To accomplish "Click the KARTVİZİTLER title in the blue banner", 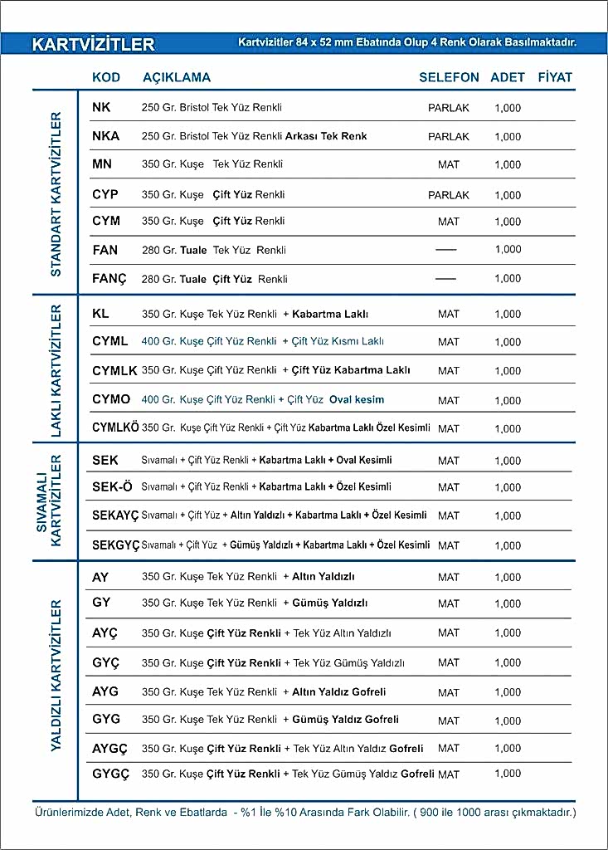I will pyautogui.click(x=94, y=44).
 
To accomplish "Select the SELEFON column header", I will pyautogui.click(x=449, y=77).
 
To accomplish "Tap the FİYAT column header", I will pyautogui.click(x=555, y=77).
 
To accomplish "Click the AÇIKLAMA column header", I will pyautogui.click(x=177, y=77).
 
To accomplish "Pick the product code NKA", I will pyautogui.click(x=106, y=136).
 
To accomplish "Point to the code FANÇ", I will pyautogui.click(x=109, y=279).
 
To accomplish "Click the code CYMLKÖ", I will pyautogui.click(x=115, y=427).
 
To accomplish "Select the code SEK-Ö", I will pyautogui.click(x=113, y=486).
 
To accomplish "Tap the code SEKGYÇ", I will pyautogui.click(x=115, y=545).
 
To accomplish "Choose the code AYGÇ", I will pyautogui.click(x=110, y=749).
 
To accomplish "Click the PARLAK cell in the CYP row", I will pyautogui.click(x=449, y=195).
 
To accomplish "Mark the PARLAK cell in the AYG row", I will pyautogui.click(x=449, y=692).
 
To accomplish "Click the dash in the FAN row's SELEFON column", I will pyautogui.click(x=446, y=249).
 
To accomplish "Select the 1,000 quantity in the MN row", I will pyautogui.click(x=508, y=165).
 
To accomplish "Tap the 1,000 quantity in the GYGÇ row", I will pyautogui.click(x=508, y=774).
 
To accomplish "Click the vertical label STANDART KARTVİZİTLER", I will pyautogui.click(x=56, y=193).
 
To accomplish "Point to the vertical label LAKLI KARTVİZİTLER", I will pyautogui.click(x=56, y=371).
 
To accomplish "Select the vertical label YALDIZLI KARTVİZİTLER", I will pyautogui.click(x=56, y=676).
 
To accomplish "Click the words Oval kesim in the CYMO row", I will pyautogui.click(x=357, y=399).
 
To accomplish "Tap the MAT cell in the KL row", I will pyautogui.click(x=449, y=315).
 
